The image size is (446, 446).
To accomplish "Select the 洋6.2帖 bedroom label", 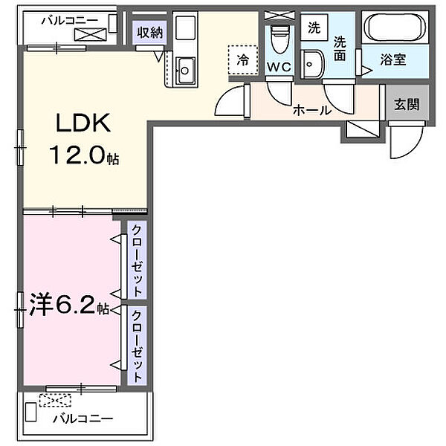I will [x=70, y=306].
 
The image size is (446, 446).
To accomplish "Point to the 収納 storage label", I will [x=149, y=32].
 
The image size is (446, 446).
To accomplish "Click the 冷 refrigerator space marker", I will [x=243, y=59].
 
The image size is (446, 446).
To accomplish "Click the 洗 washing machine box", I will [x=314, y=28].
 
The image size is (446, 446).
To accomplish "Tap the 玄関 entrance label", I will [x=406, y=104].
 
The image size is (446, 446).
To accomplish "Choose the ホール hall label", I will [x=311, y=110].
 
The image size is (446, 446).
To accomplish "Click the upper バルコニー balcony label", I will [x=67, y=19].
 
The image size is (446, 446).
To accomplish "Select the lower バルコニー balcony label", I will [x=83, y=418].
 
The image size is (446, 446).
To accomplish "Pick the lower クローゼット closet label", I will [x=138, y=343].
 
